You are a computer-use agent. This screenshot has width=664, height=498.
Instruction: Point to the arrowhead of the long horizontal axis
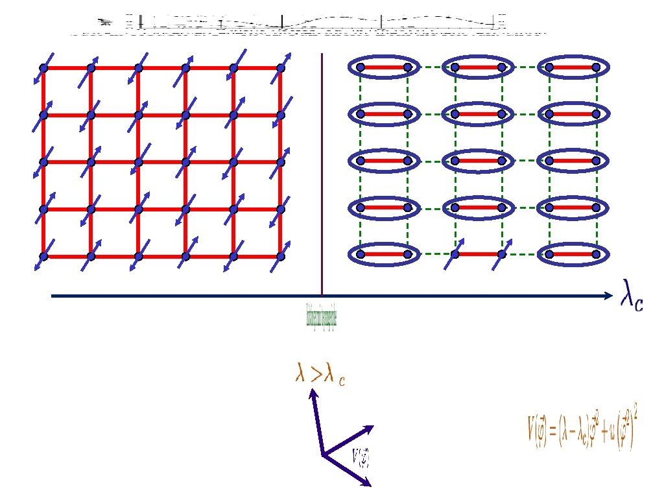click(x=608, y=296)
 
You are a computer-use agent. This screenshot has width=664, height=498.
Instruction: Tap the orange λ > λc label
click(x=320, y=377)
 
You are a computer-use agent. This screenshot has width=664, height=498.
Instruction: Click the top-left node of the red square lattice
click(x=43, y=67)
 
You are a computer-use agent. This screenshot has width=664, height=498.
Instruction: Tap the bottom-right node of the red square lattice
click(x=281, y=256)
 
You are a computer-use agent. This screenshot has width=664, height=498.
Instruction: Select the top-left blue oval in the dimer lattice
click(x=384, y=67)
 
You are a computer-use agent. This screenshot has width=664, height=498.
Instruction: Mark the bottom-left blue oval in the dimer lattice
click(x=384, y=255)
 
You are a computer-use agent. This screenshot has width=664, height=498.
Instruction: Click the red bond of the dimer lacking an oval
click(x=478, y=255)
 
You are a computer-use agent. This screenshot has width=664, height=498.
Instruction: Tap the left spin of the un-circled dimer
click(x=455, y=255)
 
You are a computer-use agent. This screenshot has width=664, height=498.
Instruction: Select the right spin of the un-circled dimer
click(x=501, y=255)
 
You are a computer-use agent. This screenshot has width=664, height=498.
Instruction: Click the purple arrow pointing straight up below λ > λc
click(x=316, y=421)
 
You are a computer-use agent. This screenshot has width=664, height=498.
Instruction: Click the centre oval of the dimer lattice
click(x=478, y=161)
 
